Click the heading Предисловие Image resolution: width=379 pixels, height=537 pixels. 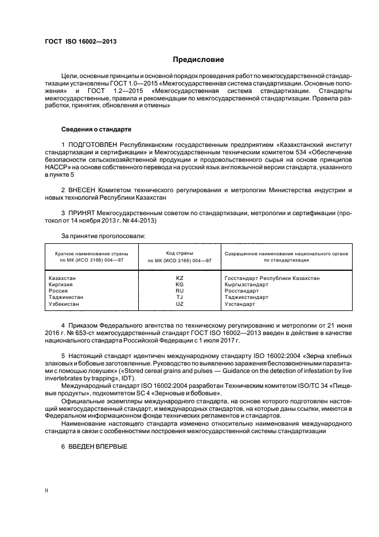click(x=199, y=60)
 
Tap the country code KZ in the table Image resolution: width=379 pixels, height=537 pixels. click(x=179, y=278)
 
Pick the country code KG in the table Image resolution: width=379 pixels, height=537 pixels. click(x=179, y=285)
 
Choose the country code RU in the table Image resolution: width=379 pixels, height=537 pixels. click(x=179, y=291)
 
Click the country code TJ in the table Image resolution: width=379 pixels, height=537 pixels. click(x=179, y=297)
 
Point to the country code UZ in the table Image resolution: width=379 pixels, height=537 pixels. click(x=179, y=303)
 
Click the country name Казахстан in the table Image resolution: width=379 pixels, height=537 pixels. click(x=63, y=278)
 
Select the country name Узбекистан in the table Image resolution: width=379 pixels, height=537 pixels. click(x=65, y=303)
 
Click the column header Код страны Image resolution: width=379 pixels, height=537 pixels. click(x=179, y=253)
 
